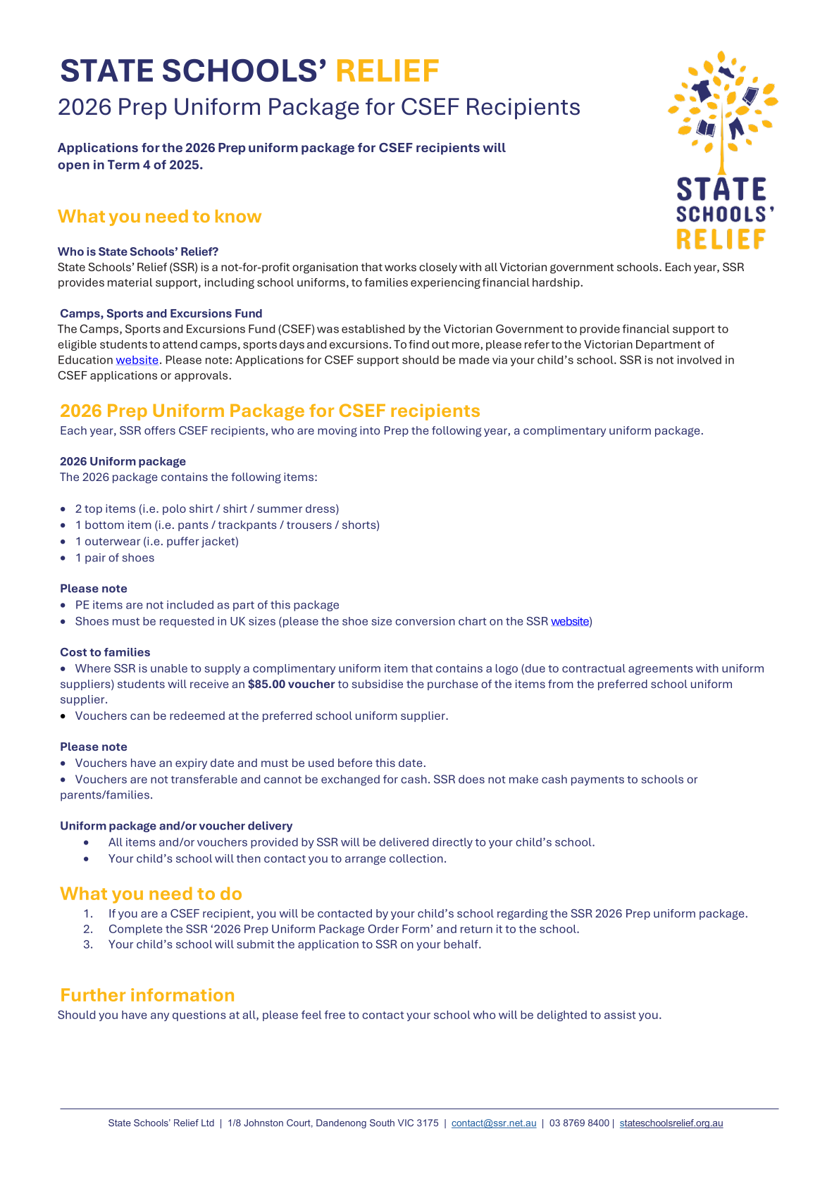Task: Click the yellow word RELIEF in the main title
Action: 387,71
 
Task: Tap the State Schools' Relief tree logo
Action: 722,150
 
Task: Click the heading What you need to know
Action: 159,216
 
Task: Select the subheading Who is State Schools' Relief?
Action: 138,251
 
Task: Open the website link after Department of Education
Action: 137,360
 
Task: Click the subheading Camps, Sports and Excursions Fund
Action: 161,313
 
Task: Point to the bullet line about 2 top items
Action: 206,508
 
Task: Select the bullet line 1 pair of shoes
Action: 114,558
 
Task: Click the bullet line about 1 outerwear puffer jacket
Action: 156,542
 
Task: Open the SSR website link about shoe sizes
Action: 570,621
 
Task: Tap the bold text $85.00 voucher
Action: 291,684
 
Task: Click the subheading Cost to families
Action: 105,652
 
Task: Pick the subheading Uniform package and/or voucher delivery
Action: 176,825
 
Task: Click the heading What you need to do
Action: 151,894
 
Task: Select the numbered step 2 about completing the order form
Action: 343,929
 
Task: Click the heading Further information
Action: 147,995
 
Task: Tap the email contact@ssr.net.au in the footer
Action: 494,1123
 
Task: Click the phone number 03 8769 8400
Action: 579,1123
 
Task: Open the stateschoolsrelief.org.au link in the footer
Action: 671,1123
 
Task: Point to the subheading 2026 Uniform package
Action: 123,461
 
